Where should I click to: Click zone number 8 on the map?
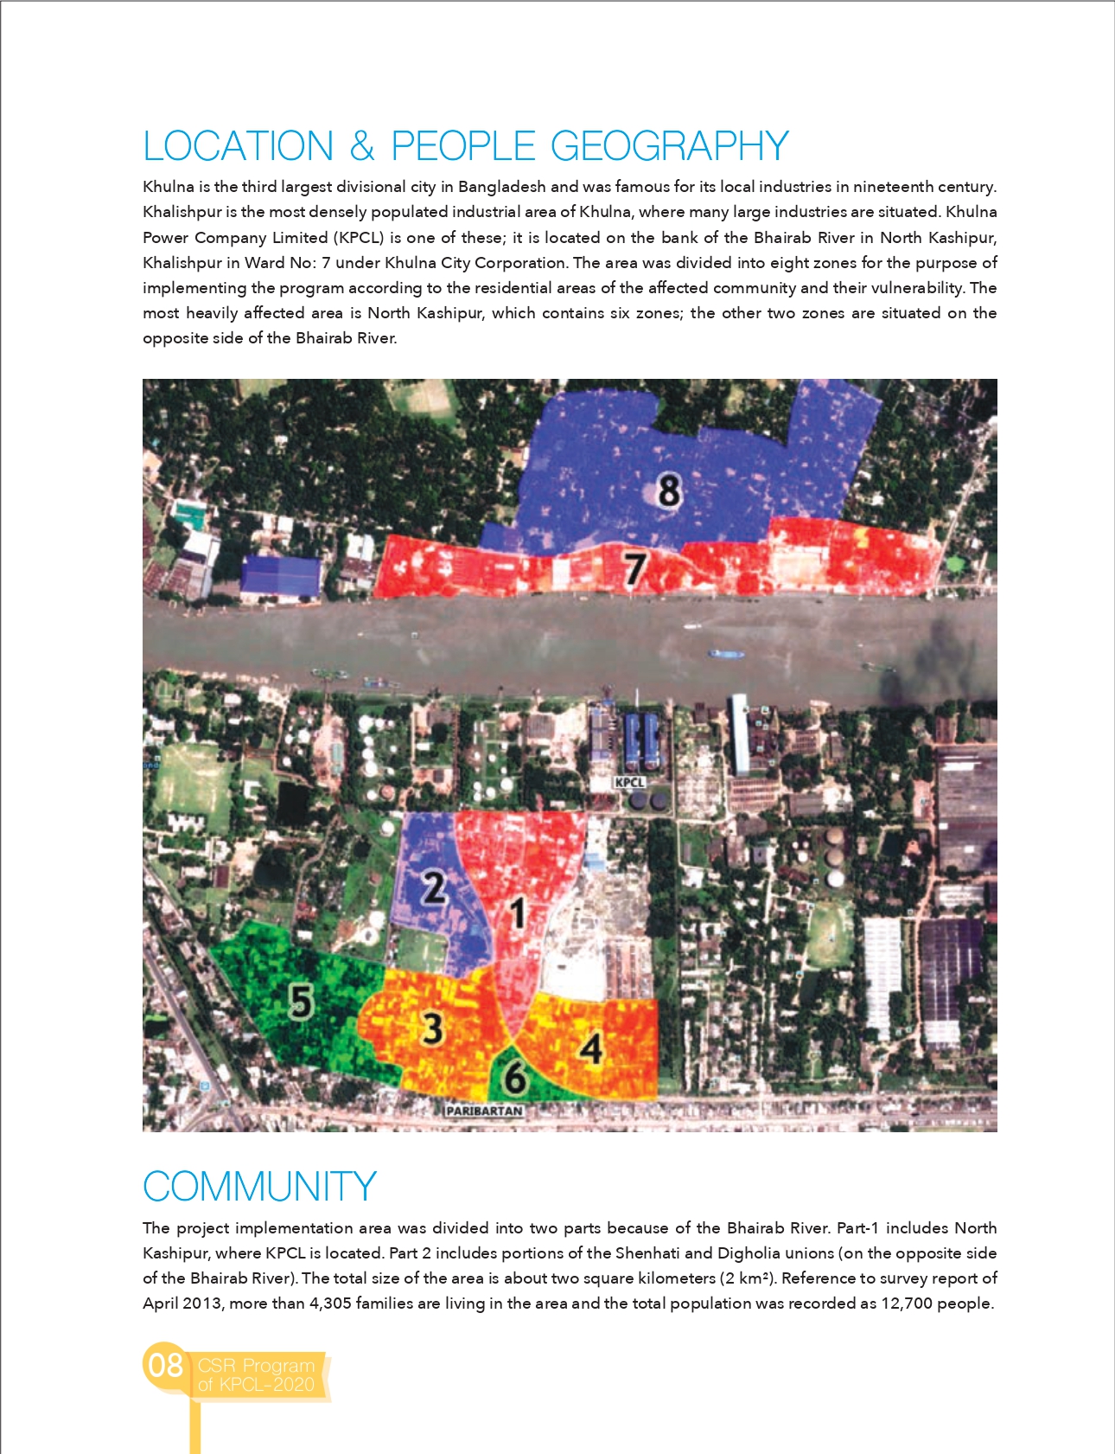click(x=669, y=490)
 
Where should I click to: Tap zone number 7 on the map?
click(x=635, y=569)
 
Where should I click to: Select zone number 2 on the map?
click(x=433, y=887)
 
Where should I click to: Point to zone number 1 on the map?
click(x=517, y=913)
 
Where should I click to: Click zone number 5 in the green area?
click(x=300, y=1002)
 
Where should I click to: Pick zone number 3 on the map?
click(x=432, y=1028)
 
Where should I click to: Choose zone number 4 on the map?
click(x=591, y=1048)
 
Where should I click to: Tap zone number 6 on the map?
click(x=515, y=1078)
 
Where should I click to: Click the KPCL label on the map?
click(x=629, y=782)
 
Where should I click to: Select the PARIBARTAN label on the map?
click(x=484, y=1111)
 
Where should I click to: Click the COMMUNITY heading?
click(x=259, y=1187)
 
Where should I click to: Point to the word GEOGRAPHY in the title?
click(x=670, y=146)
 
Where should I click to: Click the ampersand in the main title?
click(x=362, y=146)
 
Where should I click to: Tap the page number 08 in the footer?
click(x=165, y=1365)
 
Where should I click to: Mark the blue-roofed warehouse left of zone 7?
click(x=281, y=575)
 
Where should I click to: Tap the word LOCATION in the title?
click(x=238, y=146)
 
